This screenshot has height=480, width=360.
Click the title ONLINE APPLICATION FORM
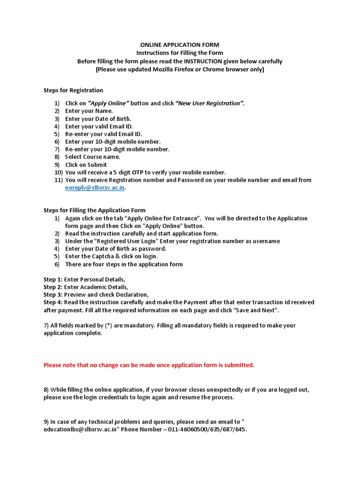[x=180, y=45]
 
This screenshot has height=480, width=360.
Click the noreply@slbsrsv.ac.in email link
[x=95, y=187]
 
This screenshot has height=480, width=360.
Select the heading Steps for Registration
[x=73, y=90]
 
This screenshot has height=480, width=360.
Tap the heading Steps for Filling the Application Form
[x=94, y=210]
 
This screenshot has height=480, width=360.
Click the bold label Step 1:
[x=53, y=279]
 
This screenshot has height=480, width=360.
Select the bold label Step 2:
[x=53, y=287]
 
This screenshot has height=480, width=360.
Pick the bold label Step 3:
[x=53, y=294]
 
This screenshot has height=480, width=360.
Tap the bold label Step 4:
[x=53, y=302]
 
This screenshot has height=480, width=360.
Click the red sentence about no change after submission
[x=149, y=365]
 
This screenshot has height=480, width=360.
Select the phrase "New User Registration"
[x=210, y=103]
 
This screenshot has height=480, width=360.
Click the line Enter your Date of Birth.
[x=98, y=119]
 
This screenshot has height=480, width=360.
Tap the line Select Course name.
[x=92, y=157]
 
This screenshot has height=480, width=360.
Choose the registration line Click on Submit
[x=86, y=165]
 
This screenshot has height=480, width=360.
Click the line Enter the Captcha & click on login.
[x=112, y=256]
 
